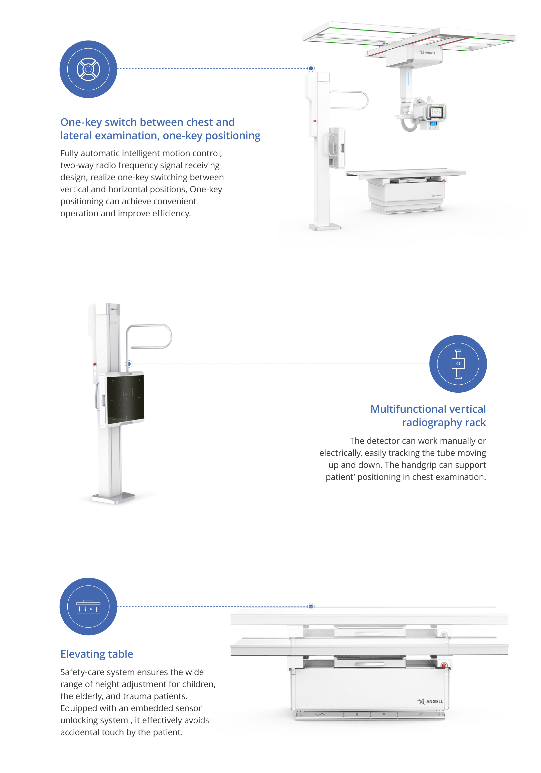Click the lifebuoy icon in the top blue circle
pos(88,69)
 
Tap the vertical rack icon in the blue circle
pos(458,364)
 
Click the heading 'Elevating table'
pos(97,654)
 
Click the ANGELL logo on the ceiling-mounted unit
pos(428,53)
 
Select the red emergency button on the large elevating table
pos(444,665)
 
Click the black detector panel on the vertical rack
pos(125,399)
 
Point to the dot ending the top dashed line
pos(311,68)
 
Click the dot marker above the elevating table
pos(311,606)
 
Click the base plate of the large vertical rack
pos(113,499)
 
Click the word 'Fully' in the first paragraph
pos(69,153)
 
